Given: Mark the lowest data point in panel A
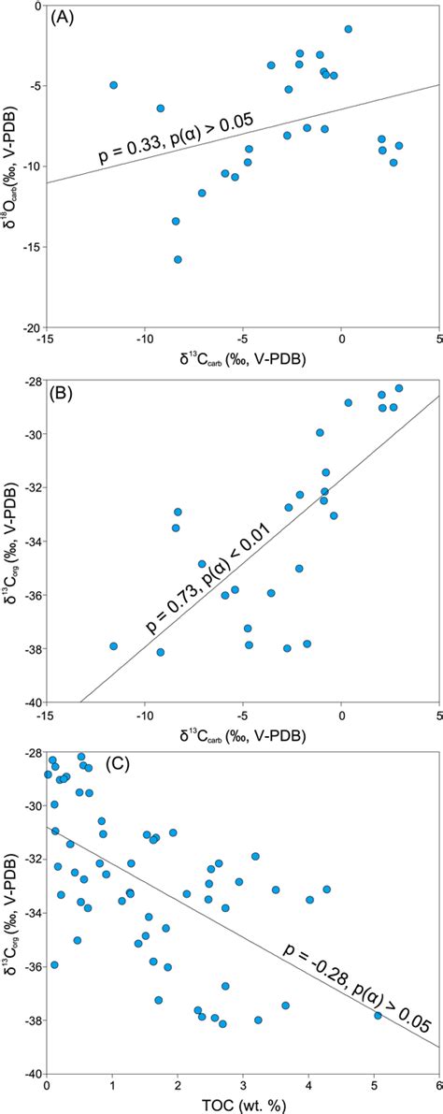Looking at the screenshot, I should [178, 259].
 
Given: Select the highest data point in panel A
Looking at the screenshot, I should [349, 29].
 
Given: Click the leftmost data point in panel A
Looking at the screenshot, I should [114, 85].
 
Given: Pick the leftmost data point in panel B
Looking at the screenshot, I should [114, 645].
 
